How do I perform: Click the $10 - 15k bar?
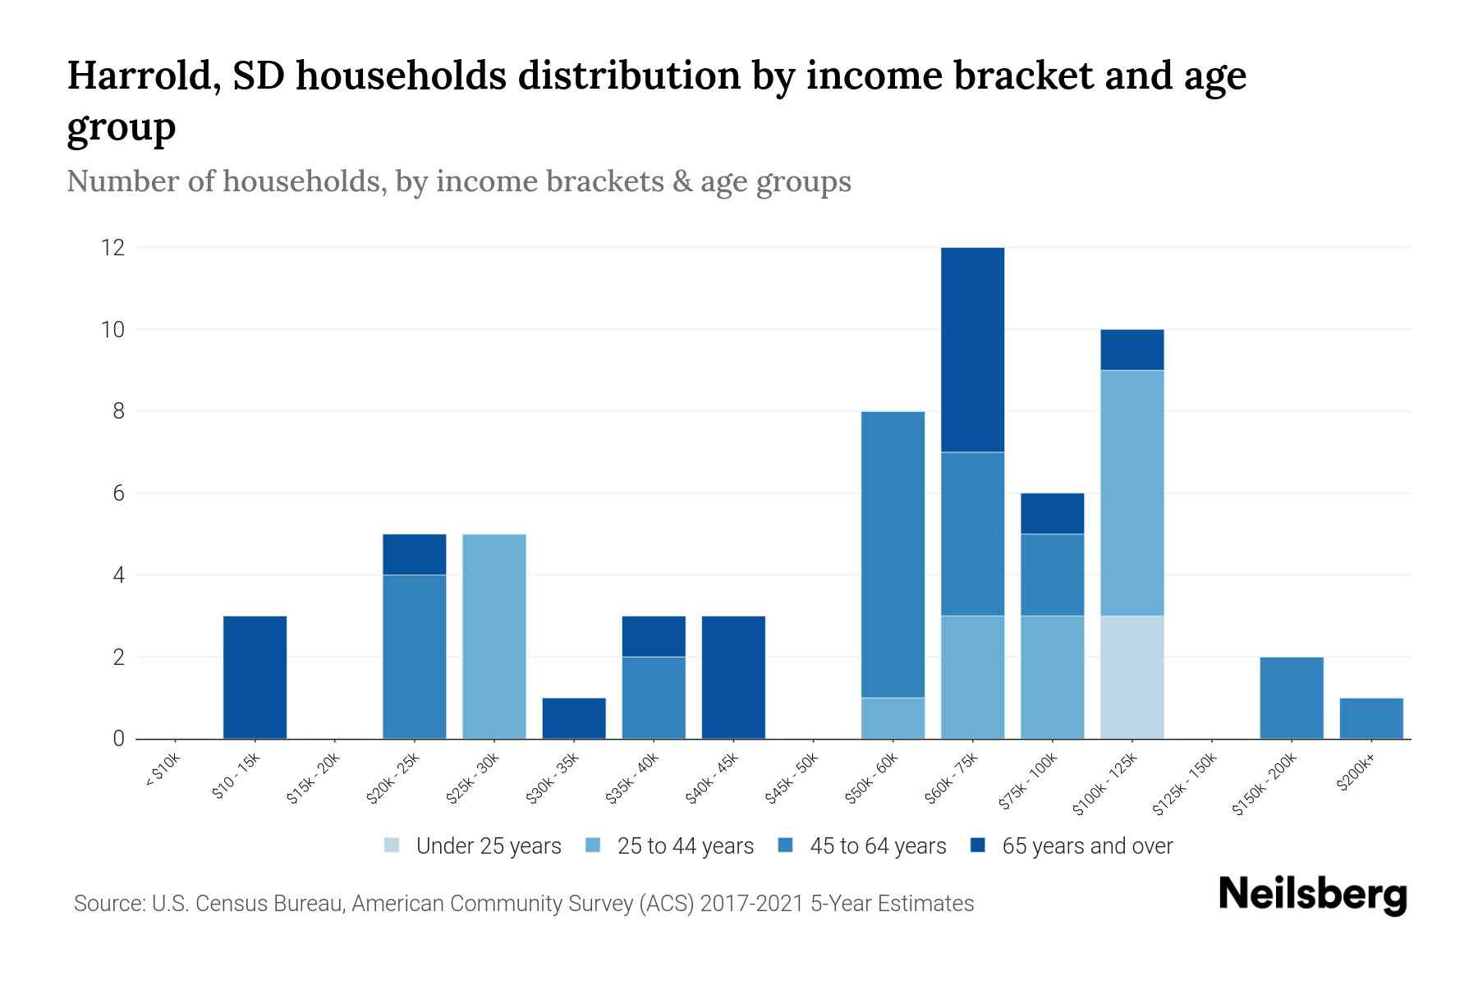[255, 677]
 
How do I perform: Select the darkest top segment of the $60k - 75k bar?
[972, 349]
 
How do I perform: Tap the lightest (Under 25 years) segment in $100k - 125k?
[1132, 677]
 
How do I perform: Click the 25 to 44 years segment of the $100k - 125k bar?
[1132, 492]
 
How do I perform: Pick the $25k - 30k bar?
[494, 636]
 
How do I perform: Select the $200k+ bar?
[1371, 718]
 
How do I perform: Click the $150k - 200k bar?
[1292, 698]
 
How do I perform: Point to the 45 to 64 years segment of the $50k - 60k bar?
[893, 554]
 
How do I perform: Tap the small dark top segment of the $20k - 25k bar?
[415, 554]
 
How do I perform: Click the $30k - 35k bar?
[574, 718]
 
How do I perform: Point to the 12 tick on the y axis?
[112, 247]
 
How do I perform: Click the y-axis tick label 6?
[119, 493]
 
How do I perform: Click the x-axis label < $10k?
[163, 772]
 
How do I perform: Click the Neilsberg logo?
[1313, 895]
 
